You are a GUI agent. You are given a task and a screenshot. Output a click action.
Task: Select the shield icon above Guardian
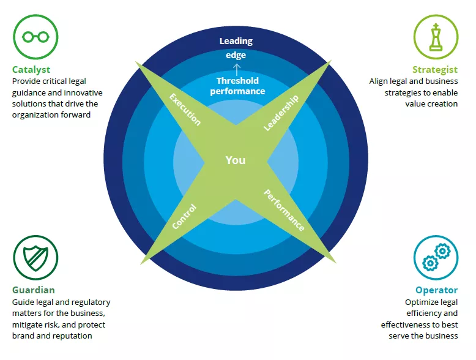point(35,258)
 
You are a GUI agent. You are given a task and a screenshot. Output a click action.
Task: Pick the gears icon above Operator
point(436,258)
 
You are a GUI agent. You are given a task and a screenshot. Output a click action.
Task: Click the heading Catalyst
point(31,70)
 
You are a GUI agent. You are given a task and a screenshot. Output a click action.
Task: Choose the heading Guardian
point(34,290)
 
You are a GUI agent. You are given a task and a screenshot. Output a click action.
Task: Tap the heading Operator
point(436,290)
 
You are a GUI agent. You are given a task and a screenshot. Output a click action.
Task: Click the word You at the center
point(236,160)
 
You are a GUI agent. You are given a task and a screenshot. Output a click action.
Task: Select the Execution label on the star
point(185,110)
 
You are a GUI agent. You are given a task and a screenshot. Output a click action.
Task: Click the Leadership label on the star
point(281,113)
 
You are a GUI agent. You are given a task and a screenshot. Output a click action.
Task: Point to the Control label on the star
point(184,216)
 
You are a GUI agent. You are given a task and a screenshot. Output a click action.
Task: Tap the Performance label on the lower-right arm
point(284,210)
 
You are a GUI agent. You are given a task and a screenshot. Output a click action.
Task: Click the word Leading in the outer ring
point(236,41)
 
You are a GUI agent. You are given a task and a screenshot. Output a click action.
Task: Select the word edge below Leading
point(236,54)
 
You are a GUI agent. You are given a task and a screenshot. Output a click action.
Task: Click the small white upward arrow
point(237,67)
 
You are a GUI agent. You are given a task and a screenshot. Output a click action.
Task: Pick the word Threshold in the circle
point(237,81)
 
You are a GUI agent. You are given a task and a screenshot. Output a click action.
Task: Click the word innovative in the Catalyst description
point(82,93)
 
